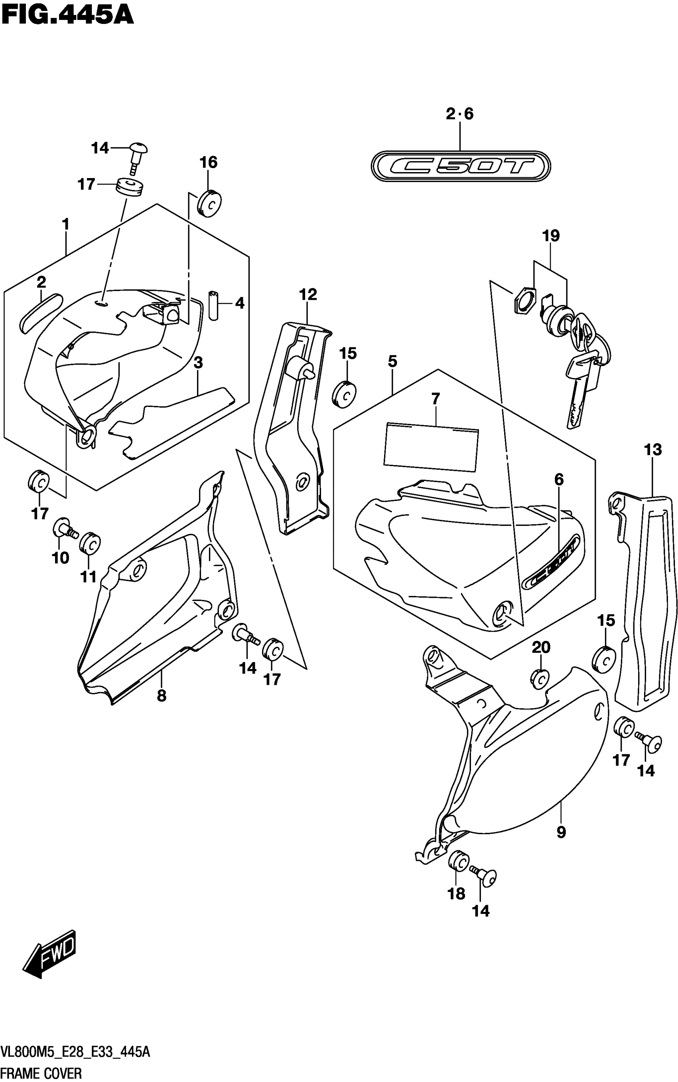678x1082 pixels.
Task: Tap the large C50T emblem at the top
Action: (x=461, y=166)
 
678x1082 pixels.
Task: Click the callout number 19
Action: (x=551, y=236)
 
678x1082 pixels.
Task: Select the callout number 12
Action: (x=307, y=294)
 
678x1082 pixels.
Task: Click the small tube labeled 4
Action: (x=213, y=305)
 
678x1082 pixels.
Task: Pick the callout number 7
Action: (x=436, y=398)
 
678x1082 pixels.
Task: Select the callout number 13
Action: (x=652, y=450)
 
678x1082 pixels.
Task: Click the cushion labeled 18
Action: (x=458, y=860)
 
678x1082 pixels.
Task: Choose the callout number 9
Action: (x=561, y=832)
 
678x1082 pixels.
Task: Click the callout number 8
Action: (x=162, y=696)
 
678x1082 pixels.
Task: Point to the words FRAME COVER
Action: (x=41, y=1074)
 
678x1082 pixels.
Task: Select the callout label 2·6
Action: (x=459, y=114)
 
